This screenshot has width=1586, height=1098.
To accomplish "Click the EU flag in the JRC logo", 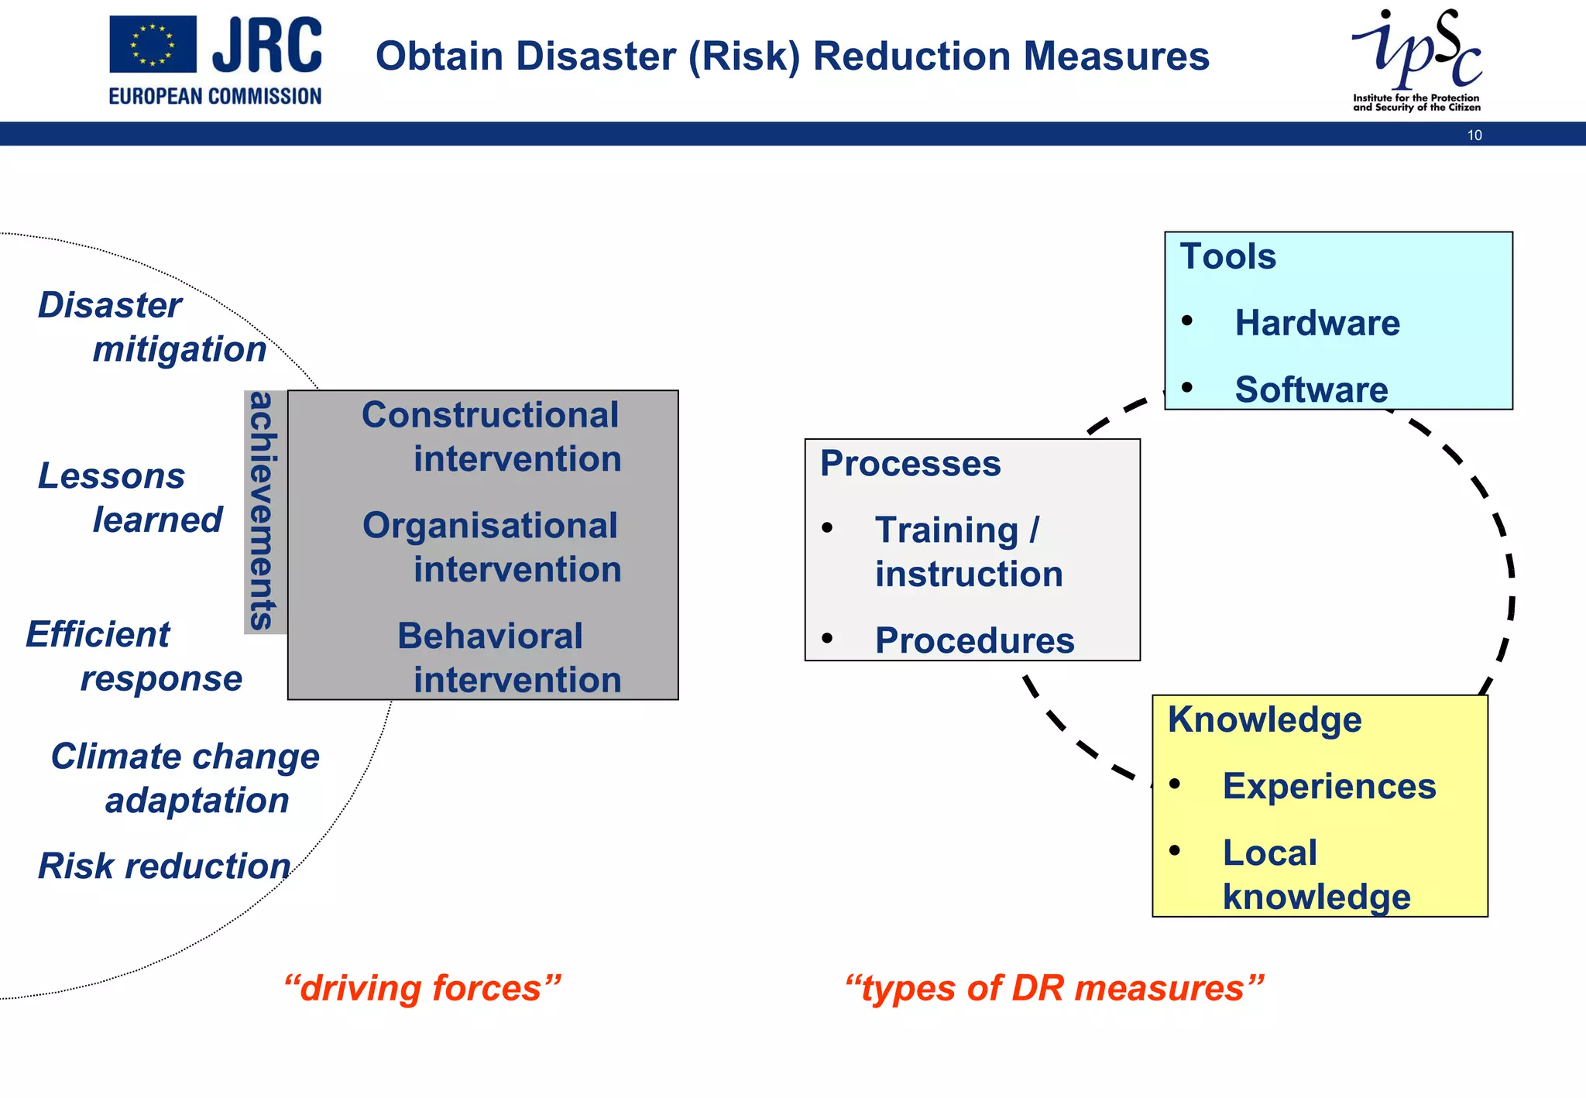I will click(153, 44).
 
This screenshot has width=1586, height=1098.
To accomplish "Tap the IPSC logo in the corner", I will click(1416, 59).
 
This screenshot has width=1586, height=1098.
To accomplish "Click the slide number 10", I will click(1474, 136).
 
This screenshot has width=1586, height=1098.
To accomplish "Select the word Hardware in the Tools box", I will click(1317, 323).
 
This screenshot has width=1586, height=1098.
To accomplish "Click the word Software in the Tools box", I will click(1311, 389).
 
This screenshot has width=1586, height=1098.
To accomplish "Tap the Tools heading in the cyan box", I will click(1227, 257).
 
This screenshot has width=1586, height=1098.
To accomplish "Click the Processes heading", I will click(910, 464).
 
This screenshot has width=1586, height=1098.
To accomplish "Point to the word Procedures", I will click(974, 641).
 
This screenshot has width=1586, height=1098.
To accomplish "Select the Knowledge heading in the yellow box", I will click(1264, 720).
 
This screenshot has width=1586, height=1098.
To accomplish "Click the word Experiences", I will click(1329, 787).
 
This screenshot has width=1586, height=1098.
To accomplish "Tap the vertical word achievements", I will click(263, 511).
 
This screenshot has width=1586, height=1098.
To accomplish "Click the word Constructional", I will click(490, 416).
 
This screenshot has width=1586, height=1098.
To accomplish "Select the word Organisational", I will click(490, 527).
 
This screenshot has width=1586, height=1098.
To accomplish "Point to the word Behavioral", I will click(490, 636).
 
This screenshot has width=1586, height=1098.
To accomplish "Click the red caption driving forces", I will click(422, 989).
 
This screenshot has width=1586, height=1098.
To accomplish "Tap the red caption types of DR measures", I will click(1054, 989).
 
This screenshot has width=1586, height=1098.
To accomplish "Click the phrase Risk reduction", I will click(164, 866).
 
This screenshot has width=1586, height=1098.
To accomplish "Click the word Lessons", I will click(112, 476).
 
